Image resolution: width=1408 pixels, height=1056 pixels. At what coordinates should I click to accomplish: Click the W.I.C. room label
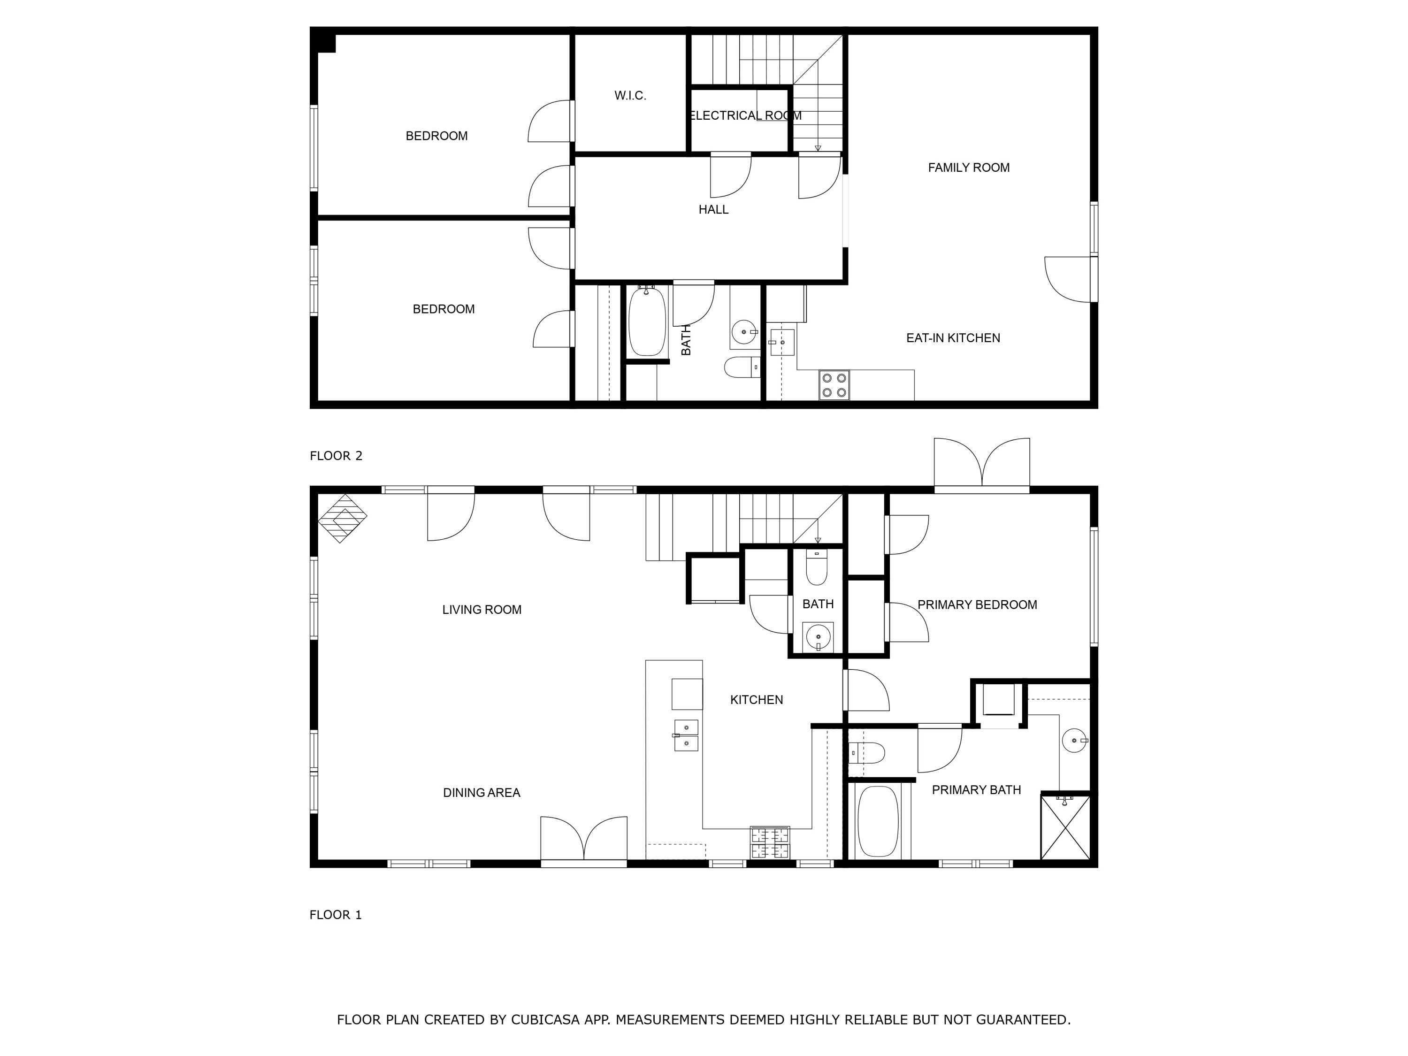630,95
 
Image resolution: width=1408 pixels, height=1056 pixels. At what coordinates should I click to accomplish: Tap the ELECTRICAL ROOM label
745,115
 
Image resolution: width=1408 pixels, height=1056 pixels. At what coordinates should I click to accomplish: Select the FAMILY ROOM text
969,168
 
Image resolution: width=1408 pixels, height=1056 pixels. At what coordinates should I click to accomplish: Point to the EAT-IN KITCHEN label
953,338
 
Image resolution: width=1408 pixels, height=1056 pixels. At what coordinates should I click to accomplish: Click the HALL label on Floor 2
713,209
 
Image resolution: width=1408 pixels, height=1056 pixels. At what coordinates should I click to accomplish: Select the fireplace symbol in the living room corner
343,518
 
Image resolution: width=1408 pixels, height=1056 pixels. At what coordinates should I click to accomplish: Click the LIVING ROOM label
482,610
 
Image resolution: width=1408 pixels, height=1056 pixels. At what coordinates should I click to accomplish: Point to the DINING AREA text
482,793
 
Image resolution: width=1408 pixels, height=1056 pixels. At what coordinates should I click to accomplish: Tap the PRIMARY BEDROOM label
977,605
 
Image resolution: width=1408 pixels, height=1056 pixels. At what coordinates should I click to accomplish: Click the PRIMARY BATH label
976,790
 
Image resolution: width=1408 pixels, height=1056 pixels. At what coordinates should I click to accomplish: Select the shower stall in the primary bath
1065,827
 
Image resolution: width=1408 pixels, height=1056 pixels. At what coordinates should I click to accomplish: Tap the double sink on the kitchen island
686,735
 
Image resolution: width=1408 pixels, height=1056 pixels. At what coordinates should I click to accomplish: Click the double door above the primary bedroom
982,463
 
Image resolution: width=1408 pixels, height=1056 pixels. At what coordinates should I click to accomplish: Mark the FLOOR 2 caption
336,456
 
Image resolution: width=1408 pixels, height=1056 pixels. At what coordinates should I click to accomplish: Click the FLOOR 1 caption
336,915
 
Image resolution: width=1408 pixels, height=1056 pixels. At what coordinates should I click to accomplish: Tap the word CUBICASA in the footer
545,1020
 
